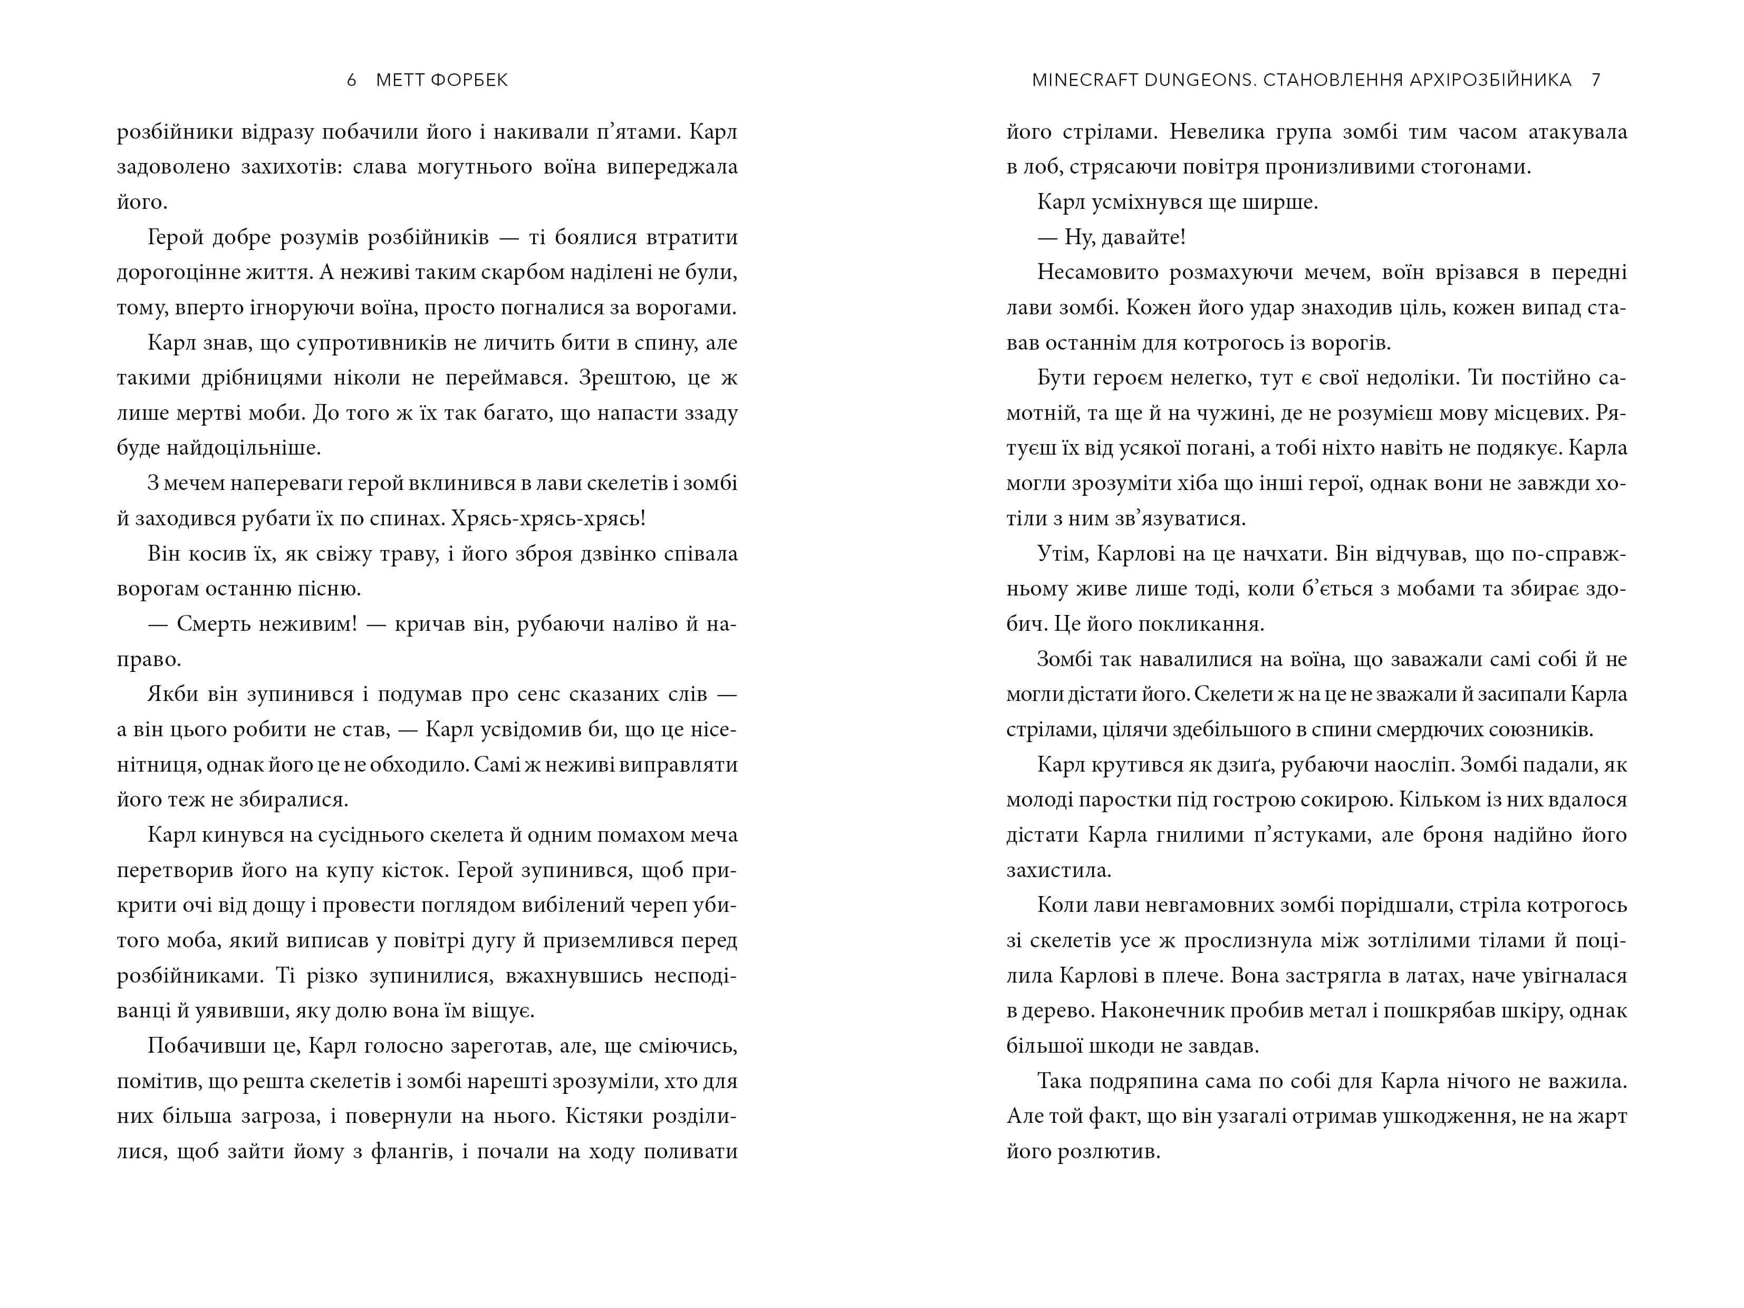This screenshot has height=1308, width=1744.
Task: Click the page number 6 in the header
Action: [x=352, y=80]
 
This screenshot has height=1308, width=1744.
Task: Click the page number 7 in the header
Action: [x=1596, y=80]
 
